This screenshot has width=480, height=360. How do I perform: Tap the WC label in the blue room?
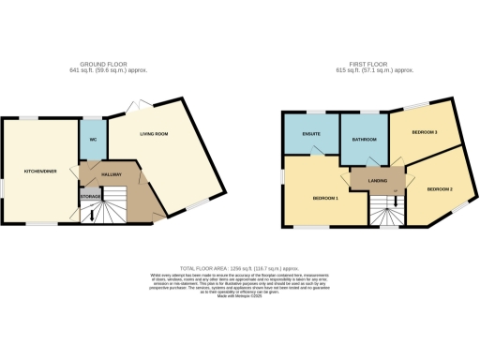[93, 142]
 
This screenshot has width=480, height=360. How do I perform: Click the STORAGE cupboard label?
[89, 197]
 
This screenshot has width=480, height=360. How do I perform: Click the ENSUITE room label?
[311, 142]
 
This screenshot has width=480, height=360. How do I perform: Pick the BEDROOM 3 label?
[425, 132]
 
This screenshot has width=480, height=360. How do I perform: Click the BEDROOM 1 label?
[324, 199]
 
